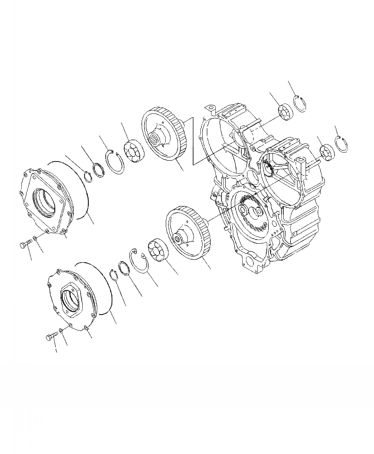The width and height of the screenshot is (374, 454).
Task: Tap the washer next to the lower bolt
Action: pos(62,330)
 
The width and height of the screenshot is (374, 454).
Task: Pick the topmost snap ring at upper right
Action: pos(299,105)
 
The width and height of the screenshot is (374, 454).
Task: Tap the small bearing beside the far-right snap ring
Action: pos(327,152)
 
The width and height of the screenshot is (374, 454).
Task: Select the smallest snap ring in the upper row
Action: pos(88,176)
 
